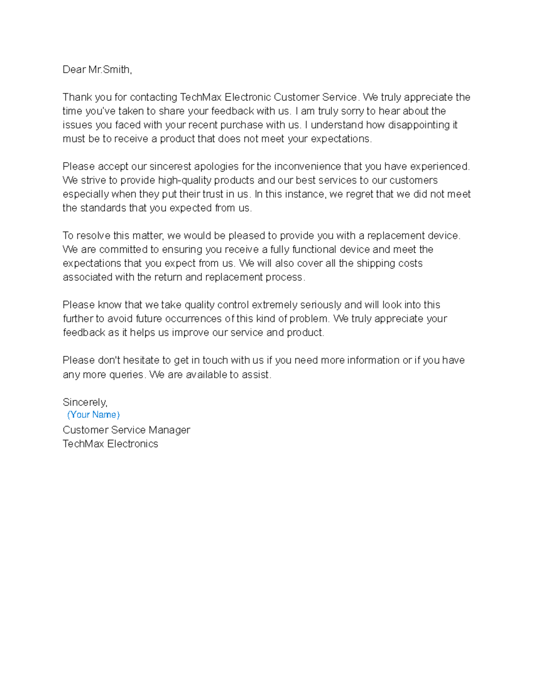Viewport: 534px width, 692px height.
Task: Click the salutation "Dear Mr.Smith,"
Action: click(x=97, y=70)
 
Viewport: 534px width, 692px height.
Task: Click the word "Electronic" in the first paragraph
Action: click(x=247, y=97)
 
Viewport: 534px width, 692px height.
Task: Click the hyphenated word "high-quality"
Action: click(x=184, y=180)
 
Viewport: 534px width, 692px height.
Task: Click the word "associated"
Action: click(x=87, y=277)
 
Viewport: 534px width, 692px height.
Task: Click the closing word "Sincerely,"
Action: click(x=85, y=402)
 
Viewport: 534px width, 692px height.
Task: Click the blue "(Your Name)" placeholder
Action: click(x=93, y=415)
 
